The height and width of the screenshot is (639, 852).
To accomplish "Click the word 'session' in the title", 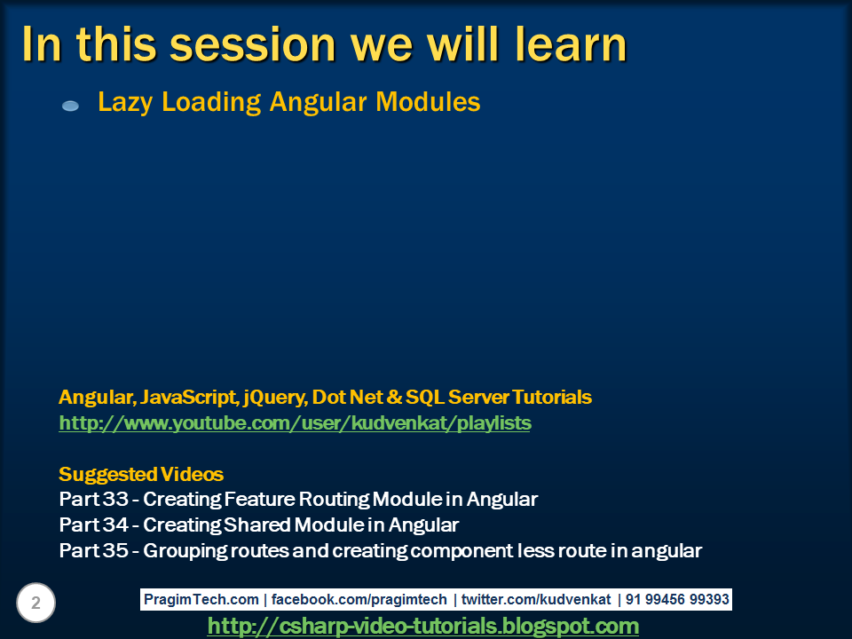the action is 253,44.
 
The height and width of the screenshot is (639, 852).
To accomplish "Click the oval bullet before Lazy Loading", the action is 71,106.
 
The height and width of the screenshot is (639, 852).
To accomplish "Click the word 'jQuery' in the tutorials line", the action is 275,398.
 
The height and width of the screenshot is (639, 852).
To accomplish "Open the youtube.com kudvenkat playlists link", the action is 295,422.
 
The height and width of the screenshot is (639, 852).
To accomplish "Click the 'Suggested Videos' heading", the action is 141,474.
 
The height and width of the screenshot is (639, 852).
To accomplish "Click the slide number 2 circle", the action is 35,603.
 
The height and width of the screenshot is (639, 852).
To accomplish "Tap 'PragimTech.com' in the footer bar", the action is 201,599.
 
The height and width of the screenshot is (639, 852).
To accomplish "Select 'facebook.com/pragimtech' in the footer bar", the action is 359,599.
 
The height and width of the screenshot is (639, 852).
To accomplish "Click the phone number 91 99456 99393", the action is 677,599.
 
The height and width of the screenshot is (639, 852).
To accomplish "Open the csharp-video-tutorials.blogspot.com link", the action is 423,626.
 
